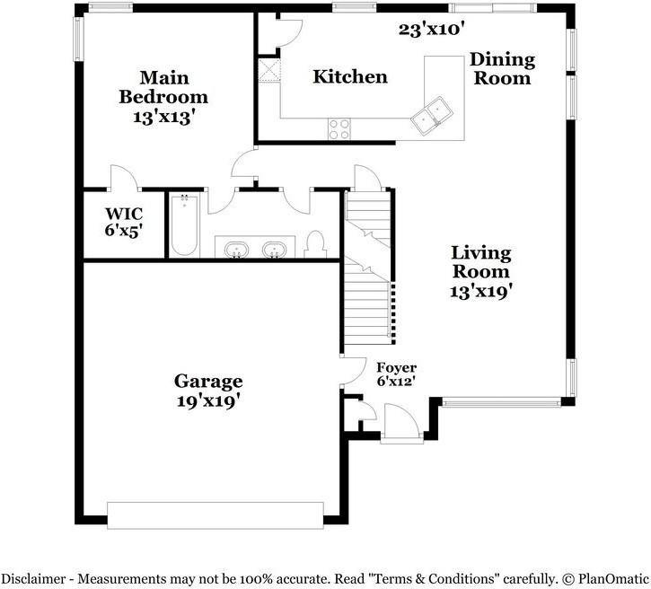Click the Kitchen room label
pos(350,77)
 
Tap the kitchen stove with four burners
pos(339,129)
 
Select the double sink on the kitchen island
pos(431,115)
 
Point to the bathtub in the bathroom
pos(184,224)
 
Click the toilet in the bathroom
pos(314,244)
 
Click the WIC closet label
pos(124,215)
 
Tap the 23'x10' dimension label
pos(431,30)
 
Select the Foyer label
pos(397,368)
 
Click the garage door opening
pos(216,515)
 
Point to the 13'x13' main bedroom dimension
pos(164,117)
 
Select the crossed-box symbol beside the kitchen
pos(269,70)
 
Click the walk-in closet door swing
pos(125,178)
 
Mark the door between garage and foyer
pos(353,372)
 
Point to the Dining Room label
pos(502,69)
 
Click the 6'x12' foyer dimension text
pos(397,381)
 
